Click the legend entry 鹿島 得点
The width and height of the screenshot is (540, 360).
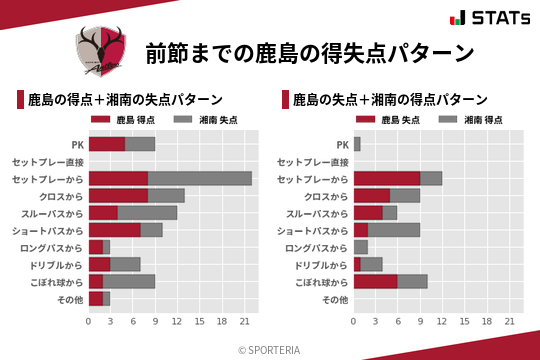(134, 119)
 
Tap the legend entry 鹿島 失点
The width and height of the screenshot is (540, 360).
(399, 119)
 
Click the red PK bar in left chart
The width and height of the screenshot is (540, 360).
(106, 144)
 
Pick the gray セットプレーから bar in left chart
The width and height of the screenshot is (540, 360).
(200, 179)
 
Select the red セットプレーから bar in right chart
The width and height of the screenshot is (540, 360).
(386, 179)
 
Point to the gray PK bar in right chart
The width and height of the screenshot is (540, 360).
(357, 144)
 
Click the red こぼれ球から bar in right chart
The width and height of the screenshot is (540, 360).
(375, 282)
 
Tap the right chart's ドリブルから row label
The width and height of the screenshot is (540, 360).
(321, 265)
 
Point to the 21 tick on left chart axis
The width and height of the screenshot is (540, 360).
(244, 322)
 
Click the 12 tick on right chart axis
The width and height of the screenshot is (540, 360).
(442, 322)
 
